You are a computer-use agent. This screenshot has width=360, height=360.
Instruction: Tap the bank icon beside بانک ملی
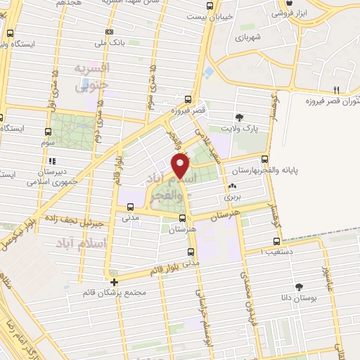(109, 32)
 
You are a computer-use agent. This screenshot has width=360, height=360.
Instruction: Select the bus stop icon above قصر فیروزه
(187, 99)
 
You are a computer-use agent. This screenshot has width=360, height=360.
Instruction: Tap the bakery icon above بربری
(231, 187)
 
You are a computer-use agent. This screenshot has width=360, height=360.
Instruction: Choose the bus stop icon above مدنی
(130, 207)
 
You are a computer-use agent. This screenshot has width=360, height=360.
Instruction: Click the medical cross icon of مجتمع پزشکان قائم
(115, 282)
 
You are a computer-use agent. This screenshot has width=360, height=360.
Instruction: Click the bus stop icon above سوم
(48, 131)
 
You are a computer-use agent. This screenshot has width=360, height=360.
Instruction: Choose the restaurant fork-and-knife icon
(336, 89)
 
